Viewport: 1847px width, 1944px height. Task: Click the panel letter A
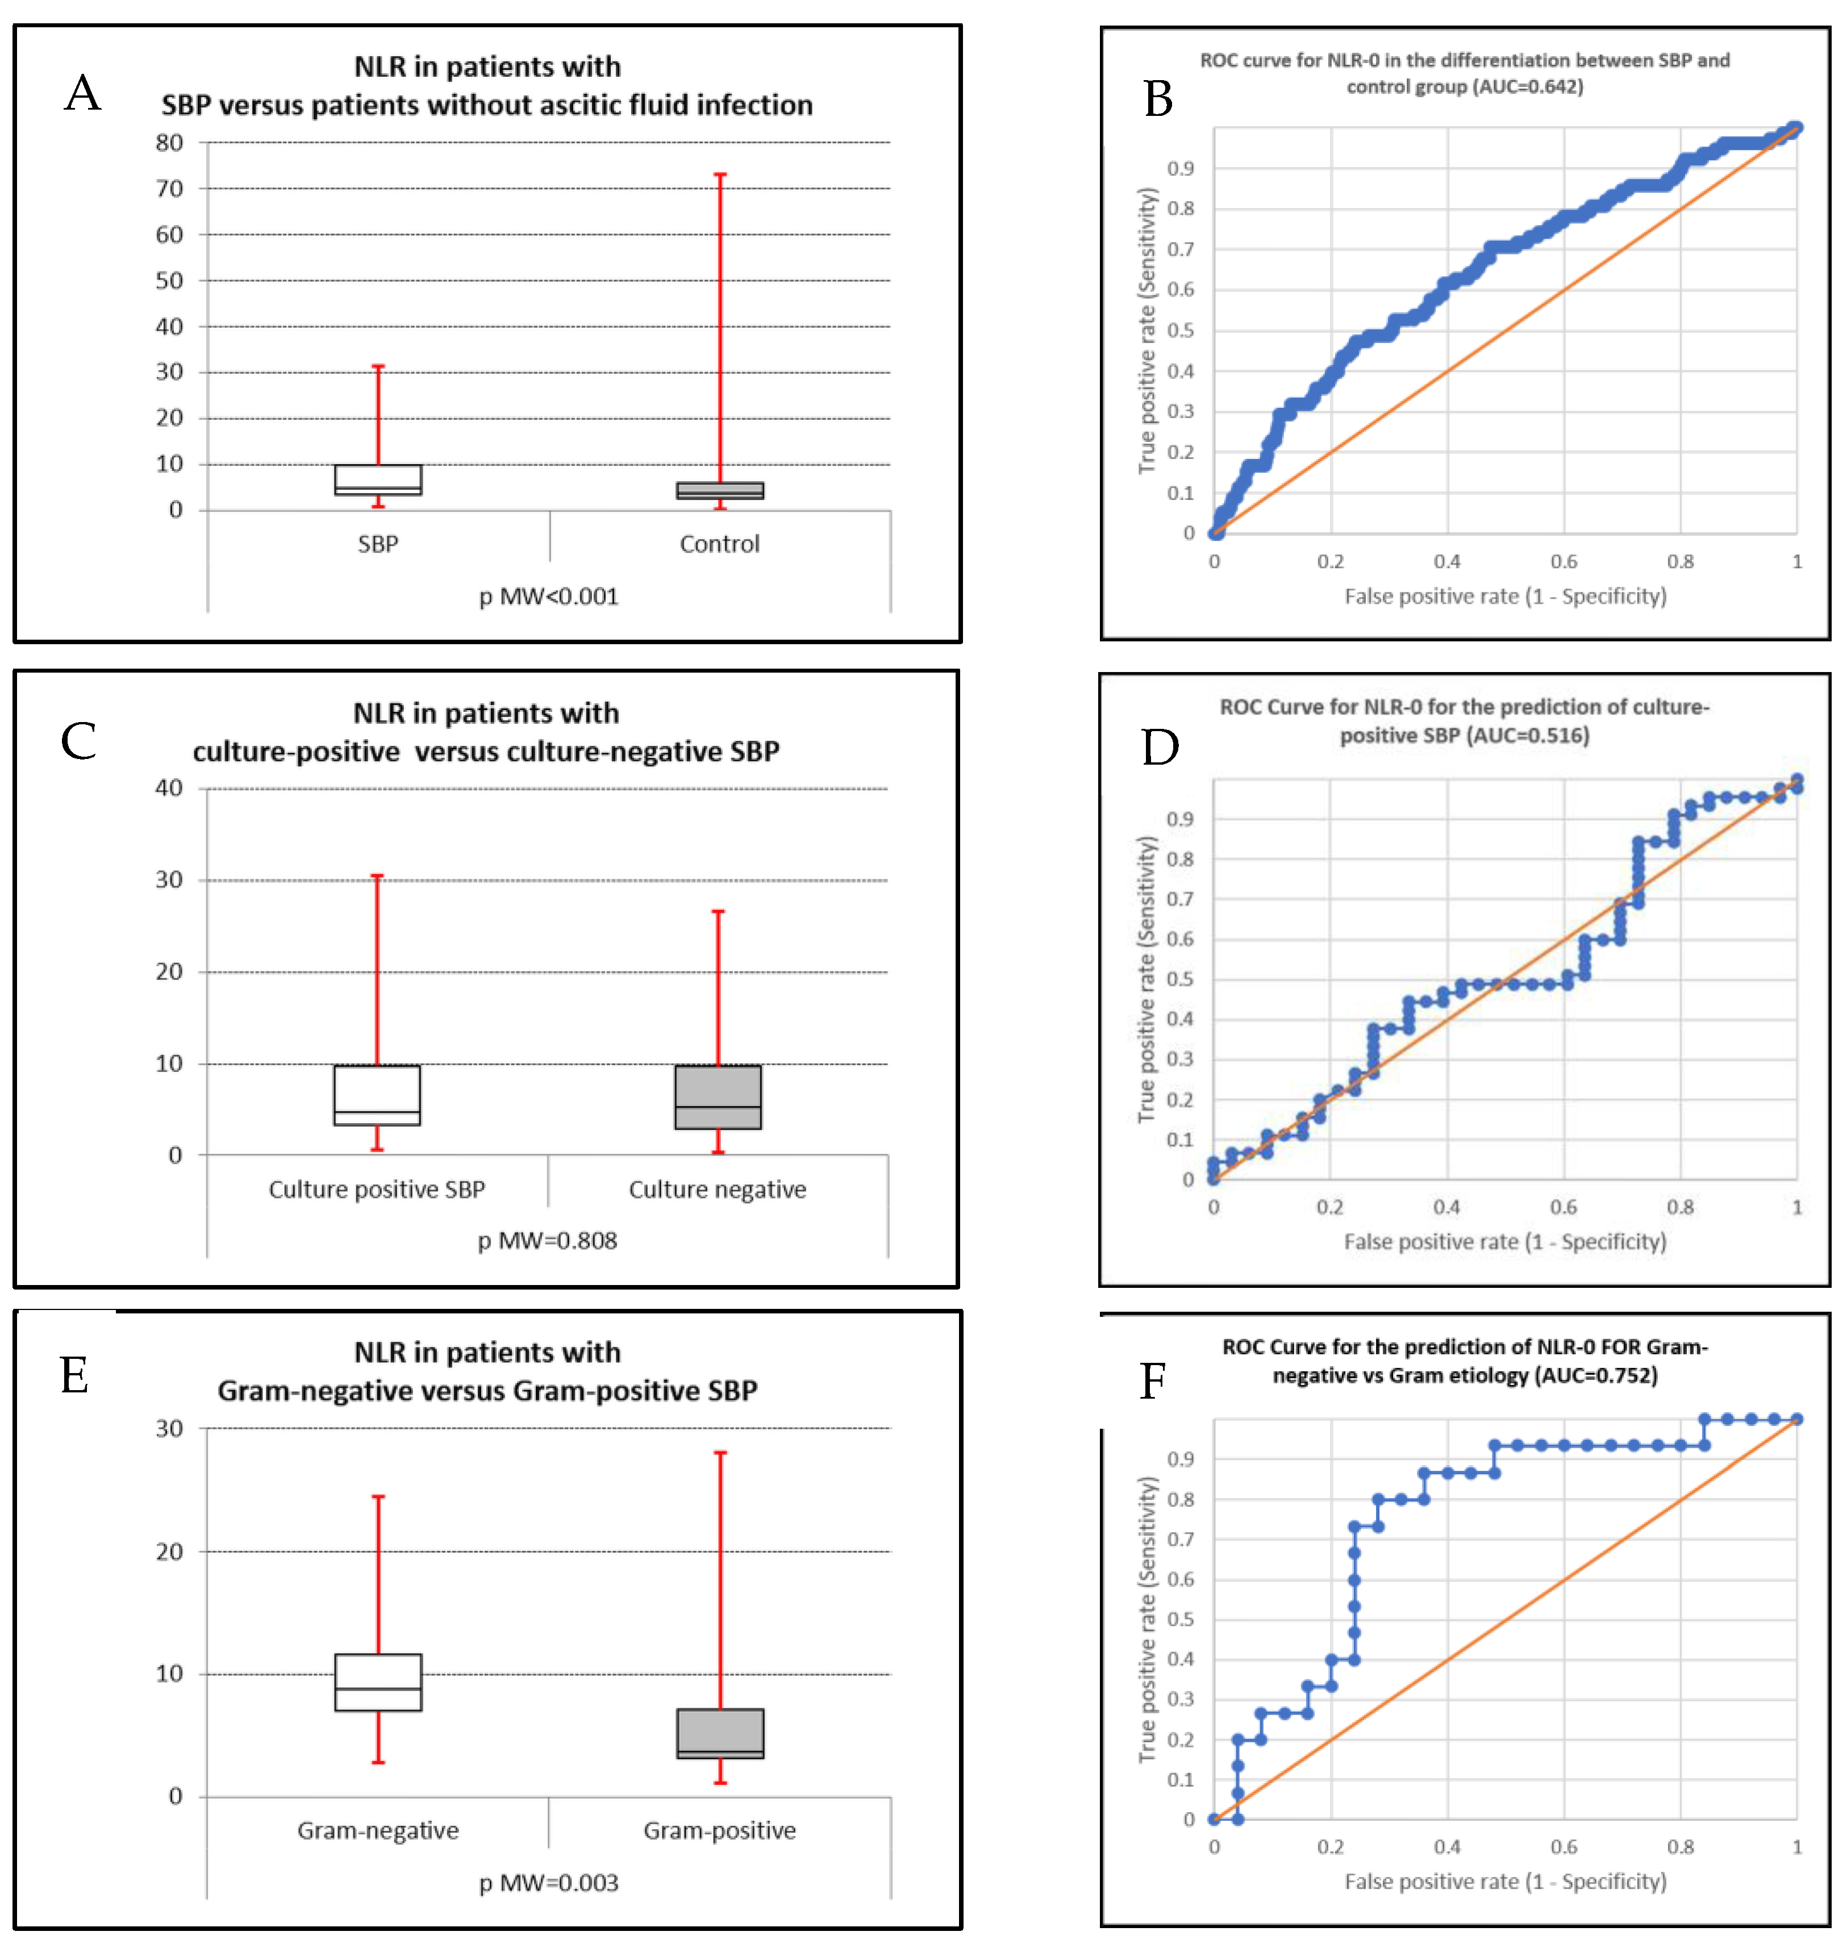83,94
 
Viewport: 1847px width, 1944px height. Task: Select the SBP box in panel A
378,479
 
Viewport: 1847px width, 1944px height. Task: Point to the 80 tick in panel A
169,143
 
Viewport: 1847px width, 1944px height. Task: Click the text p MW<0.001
548,596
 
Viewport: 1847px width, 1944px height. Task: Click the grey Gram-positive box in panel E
720,1733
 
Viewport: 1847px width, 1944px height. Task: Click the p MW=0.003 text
548,1883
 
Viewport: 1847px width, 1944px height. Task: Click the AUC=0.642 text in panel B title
1528,86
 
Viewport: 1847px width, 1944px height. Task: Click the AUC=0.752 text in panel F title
1600,1375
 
